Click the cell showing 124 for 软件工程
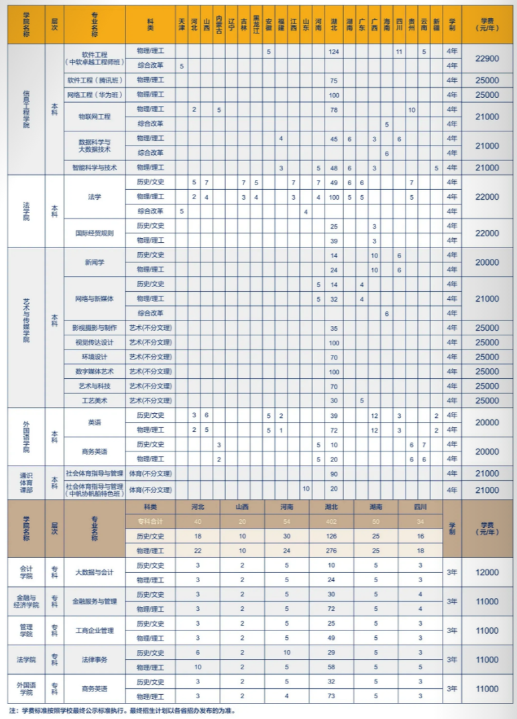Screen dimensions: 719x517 pyautogui.click(x=334, y=52)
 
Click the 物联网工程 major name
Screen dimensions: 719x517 pyautogui.click(x=94, y=116)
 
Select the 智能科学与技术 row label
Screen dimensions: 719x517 pyautogui.click(x=94, y=168)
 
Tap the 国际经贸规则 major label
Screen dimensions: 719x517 pyautogui.click(x=94, y=233)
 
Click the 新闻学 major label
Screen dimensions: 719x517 pyautogui.click(x=94, y=262)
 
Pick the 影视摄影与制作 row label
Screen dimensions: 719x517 pyautogui.click(x=94, y=328)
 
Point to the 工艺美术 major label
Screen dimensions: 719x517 pyautogui.click(x=94, y=400)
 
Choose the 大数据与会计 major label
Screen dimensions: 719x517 pyautogui.click(x=94, y=572)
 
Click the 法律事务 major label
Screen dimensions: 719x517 pyautogui.click(x=94, y=660)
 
